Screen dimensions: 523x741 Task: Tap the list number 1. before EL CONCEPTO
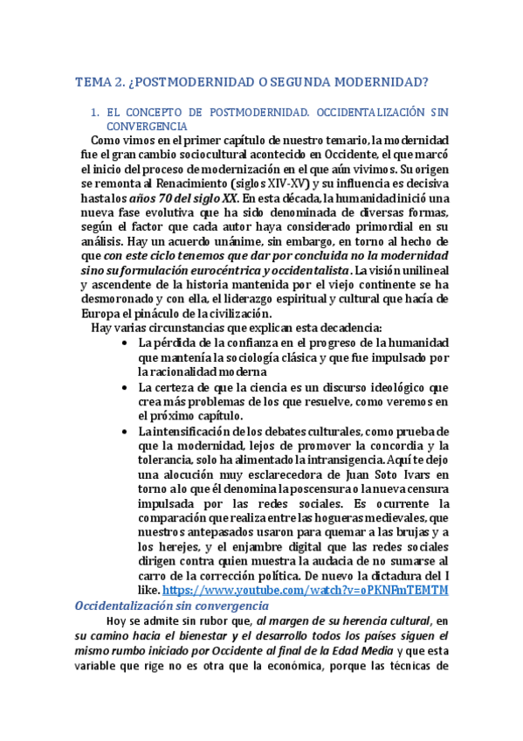(96, 114)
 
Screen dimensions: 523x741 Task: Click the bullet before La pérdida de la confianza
(127, 343)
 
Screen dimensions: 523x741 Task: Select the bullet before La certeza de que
(127, 387)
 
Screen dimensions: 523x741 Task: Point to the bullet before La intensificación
(127, 432)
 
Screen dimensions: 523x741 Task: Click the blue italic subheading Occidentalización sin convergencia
(172, 606)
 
